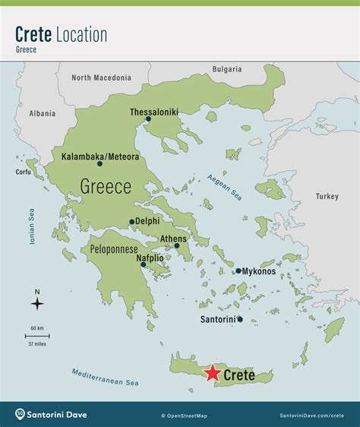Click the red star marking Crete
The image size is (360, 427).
(x=212, y=373)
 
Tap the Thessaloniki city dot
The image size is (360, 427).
(x=148, y=119)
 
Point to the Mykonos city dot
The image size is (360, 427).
(x=238, y=270)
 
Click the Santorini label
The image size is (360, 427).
(x=216, y=319)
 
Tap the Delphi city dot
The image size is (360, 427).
(x=131, y=223)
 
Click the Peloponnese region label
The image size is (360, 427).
(x=114, y=248)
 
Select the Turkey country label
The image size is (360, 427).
(x=327, y=196)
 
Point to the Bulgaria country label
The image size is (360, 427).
(x=227, y=69)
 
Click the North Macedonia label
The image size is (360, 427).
(x=101, y=77)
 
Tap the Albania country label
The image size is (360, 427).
(x=43, y=113)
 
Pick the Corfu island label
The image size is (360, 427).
(x=23, y=172)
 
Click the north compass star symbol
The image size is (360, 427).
(x=37, y=304)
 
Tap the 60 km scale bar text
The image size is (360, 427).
(x=37, y=327)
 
